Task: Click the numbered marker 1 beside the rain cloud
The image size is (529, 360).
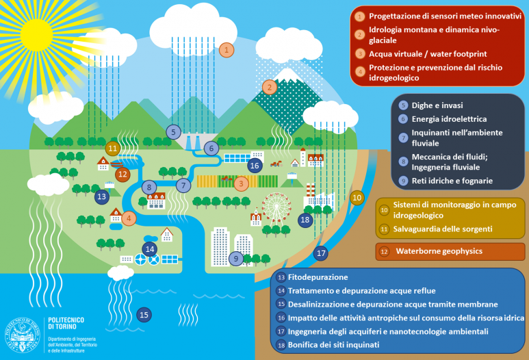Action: click(227, 50)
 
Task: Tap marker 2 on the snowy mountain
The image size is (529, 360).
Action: click(269, 88)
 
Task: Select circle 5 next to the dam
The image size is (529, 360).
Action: click(173, 132)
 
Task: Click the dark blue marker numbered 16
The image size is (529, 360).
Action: click(255, 166)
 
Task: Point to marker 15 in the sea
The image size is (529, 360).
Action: click(144, 315)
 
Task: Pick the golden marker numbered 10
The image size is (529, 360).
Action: click(357, 198)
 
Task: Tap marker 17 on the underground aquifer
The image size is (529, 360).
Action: click(321, 253)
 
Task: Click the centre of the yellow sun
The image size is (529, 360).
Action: click(36, 35)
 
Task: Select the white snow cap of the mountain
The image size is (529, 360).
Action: click(287, 75)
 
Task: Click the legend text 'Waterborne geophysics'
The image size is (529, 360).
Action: click(439, 251)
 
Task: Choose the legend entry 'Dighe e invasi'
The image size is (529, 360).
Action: click(437, 105)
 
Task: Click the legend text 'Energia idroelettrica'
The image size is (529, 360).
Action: click(449, 119)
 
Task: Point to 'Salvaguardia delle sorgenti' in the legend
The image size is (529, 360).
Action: click(443, 229)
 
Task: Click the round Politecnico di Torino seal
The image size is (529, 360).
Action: click(23, 335)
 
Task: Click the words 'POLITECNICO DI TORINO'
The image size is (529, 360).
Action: click(66, 323)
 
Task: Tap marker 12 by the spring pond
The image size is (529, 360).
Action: click(122, 174)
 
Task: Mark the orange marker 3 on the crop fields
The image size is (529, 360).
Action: click(241, 184)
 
